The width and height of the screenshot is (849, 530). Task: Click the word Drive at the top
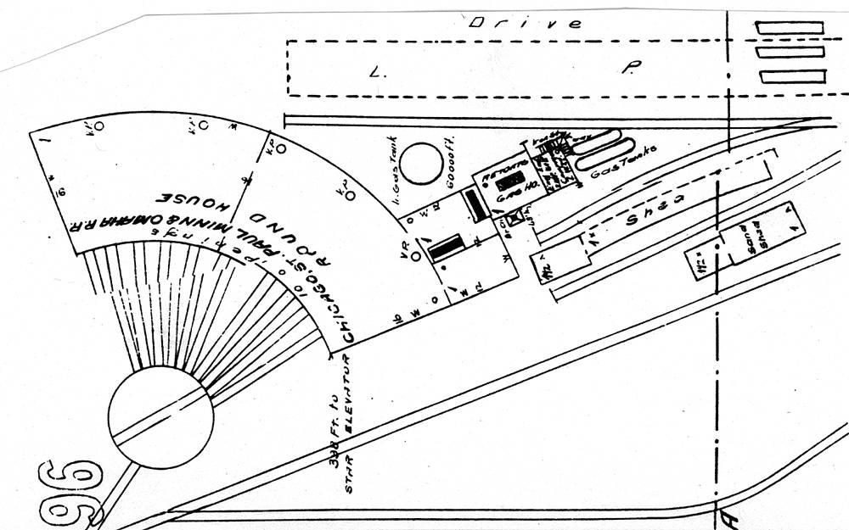[x=527, y=23]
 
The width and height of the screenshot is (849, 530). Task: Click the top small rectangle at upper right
[x=790, y=27]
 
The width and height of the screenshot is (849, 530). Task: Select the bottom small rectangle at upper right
[x=793, y=76]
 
